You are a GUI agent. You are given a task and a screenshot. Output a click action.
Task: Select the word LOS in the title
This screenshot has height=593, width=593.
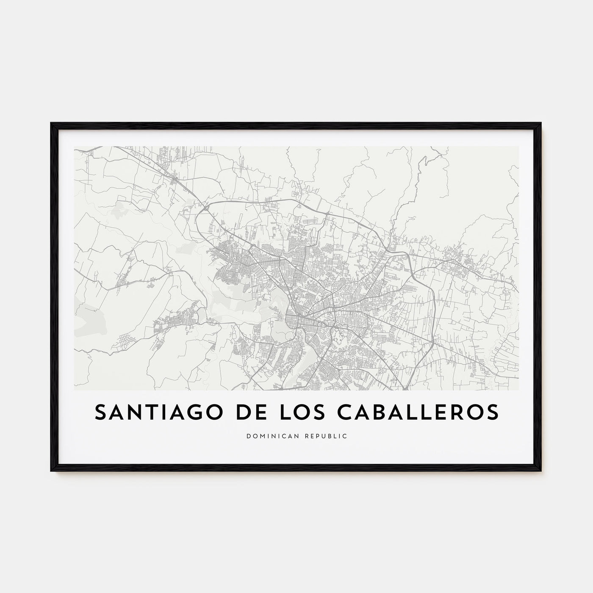pos(288,413)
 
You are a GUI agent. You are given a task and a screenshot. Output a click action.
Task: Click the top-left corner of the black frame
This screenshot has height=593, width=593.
pos(51,123)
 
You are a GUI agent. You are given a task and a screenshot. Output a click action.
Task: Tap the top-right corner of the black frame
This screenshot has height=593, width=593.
pos(541,123)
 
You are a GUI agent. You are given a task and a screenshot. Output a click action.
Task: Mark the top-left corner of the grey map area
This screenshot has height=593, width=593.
pos(75,147)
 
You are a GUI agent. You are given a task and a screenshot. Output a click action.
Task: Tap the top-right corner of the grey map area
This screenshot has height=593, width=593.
pos(518,147)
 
